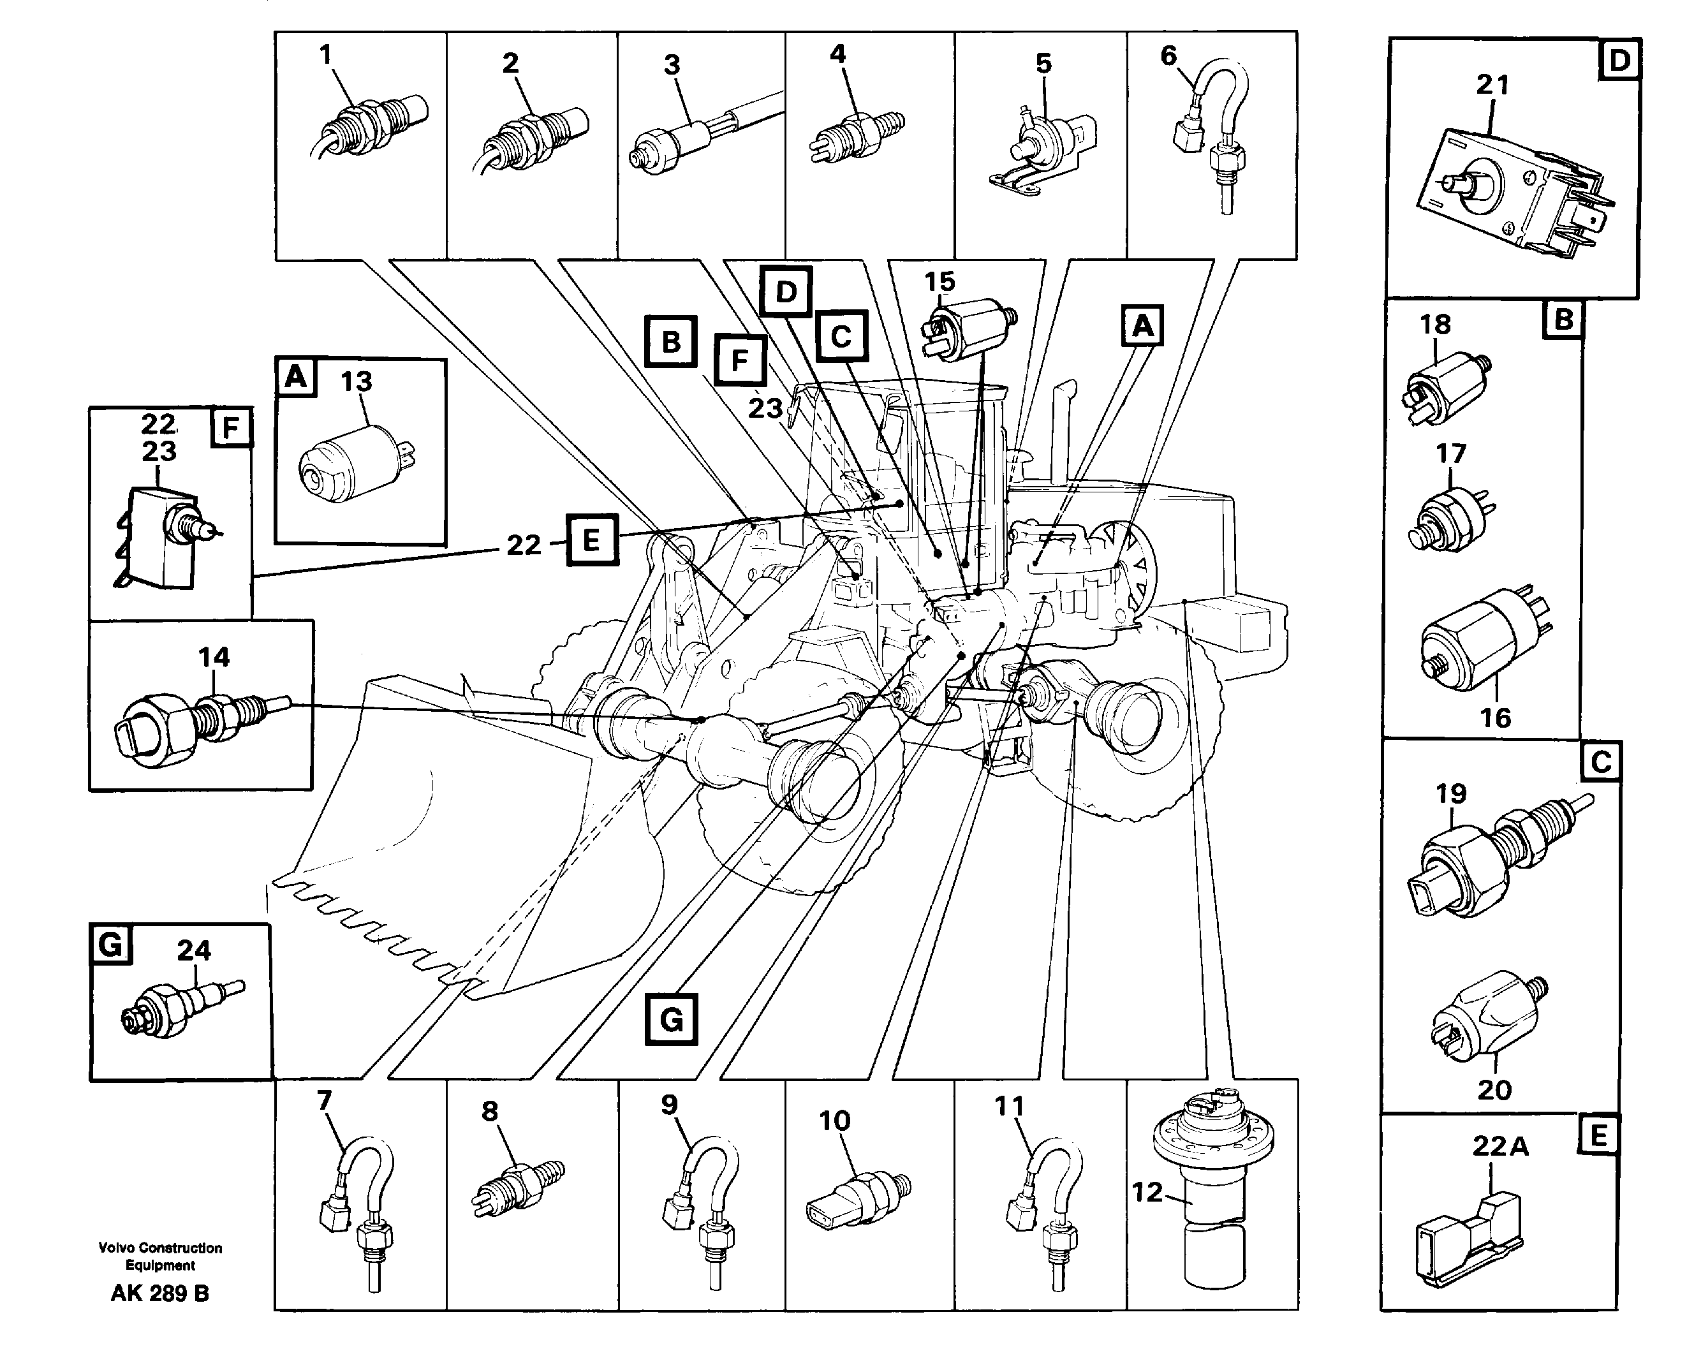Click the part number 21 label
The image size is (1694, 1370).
(1492, 85)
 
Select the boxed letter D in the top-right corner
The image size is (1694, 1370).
(1618, 60)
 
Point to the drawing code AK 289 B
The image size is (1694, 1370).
(159, 1293)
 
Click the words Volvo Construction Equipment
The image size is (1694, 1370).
(159, 1256)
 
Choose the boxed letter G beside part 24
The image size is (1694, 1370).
(110, 944)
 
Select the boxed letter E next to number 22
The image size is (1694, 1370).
(592, 541)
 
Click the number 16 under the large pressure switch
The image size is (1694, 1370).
(1494, 718)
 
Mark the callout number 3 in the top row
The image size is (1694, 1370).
(672, 64)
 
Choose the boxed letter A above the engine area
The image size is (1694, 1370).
(1142, 325)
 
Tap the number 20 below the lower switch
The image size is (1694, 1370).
(1494, 1090)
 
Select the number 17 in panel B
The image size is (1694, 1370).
(1450, 453)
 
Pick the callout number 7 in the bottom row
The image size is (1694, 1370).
(324, 1100)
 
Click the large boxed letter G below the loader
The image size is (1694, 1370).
(671, 1020)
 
